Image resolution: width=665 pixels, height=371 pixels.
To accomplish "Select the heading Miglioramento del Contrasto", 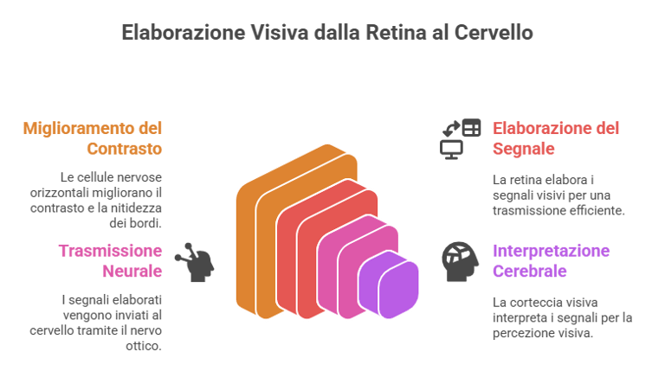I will [93, 138].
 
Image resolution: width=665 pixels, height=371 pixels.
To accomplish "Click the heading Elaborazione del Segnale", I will [556, 138].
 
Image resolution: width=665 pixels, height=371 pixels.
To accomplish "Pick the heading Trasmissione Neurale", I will [110, 260].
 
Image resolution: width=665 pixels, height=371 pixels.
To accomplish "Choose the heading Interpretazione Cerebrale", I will [551, 260].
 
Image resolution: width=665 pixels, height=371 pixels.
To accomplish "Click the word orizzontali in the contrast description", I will [92, 191].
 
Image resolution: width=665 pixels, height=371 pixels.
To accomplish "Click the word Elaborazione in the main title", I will [183, 33].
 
